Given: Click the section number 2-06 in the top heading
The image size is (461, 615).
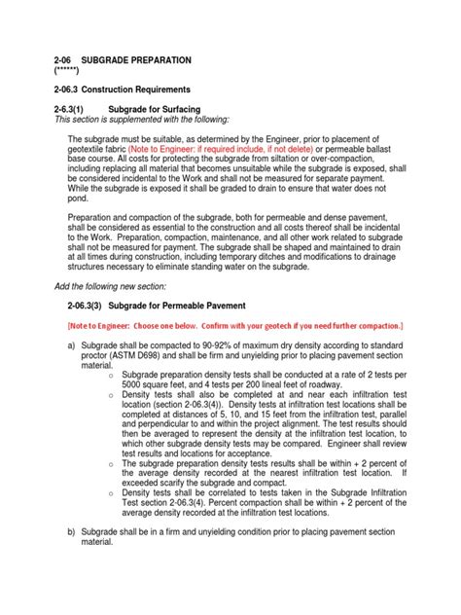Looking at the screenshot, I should (x=65, y=60).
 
